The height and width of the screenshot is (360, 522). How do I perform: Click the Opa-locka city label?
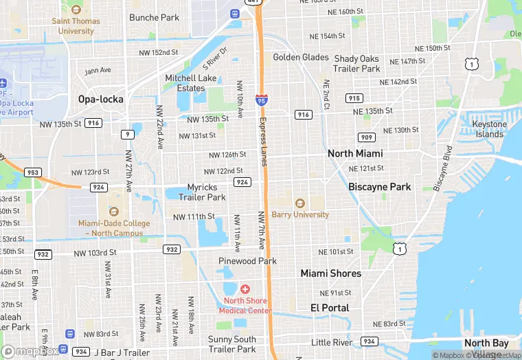(100, 99)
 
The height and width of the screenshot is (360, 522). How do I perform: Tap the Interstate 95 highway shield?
(261, 100)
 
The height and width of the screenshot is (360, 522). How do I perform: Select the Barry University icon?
(299, 203)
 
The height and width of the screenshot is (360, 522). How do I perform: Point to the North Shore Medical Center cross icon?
(245, 290)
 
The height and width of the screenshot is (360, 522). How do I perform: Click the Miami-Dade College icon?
(113, 211)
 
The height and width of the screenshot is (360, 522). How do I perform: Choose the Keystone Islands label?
(490, 129)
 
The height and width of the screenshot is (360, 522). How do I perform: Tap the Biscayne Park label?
(379, 187)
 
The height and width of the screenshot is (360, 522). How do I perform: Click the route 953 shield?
(33, 172)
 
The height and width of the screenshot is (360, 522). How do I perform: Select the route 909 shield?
(367, 137)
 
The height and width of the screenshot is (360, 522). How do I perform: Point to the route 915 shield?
(354, 98)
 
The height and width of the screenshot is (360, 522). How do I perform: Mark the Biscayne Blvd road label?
(440, 168)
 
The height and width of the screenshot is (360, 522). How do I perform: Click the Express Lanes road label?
(262, 141)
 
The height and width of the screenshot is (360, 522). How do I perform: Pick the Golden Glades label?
(301, 57)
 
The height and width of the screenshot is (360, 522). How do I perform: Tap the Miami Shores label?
(330, 273)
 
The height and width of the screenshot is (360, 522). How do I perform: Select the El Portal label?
(330, 308)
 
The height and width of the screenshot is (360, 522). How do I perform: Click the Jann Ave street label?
(98, 71)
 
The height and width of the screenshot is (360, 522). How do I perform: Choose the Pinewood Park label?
(247, 261)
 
